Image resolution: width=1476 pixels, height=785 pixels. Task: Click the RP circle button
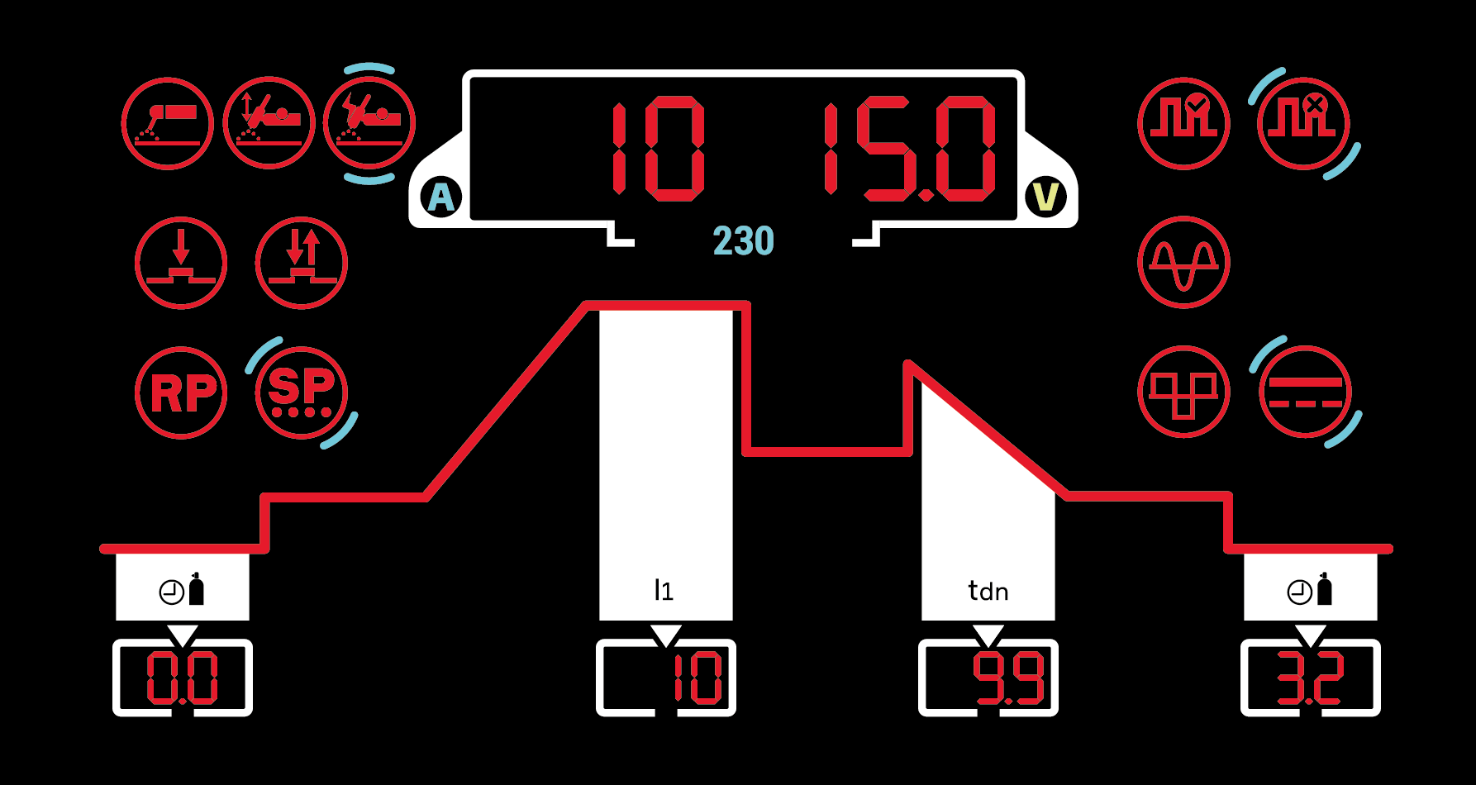tap(181, 392)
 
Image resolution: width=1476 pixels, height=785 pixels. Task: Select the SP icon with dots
tap(302, 392)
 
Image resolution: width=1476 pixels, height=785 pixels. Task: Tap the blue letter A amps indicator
tap(441, 197)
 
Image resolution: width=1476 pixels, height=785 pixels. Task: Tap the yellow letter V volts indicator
tap(1046, 197)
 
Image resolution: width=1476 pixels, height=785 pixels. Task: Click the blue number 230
tap(743, 241)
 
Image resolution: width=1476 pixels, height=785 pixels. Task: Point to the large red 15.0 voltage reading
tap(909, 150)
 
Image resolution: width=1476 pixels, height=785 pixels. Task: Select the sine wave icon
tap(1183, 263)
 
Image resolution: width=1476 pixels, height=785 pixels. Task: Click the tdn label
tap(988, 591)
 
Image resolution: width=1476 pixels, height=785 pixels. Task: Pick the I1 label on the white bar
tap(664, 590)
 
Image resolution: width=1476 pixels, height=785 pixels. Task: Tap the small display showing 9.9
tap(988, 678)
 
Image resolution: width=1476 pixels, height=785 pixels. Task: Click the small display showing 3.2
tap(1311, 678)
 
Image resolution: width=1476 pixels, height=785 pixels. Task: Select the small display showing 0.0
tap(183, 678)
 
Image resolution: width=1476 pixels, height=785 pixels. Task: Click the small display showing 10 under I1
tap(666, 678)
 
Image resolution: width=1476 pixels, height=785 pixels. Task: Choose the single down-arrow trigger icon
tap(181, 263)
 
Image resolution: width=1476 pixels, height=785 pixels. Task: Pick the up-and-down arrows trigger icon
tap(302, 263)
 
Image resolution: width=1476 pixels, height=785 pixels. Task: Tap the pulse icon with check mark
tap(1183, 124)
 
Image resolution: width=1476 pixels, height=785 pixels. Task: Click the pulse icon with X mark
tap(1303, 124)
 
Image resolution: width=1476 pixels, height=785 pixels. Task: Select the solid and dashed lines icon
tap(1305, 392)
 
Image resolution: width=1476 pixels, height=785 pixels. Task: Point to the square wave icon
tap(1183, 392)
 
